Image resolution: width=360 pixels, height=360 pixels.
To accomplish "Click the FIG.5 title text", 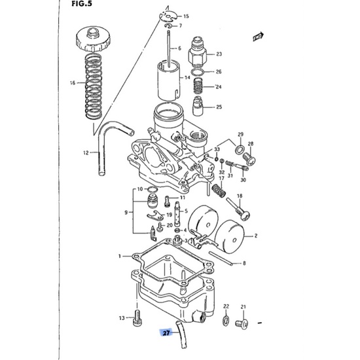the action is point(82,4).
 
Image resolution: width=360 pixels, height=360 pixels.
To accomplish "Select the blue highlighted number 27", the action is point(166,333).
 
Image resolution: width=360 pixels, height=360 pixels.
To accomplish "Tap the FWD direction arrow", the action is point(259,37).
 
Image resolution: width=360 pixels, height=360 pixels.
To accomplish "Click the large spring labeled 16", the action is point(94,86).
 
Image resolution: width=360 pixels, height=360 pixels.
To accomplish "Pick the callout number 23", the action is point(219,54).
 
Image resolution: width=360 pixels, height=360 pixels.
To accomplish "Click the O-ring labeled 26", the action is point(198,72).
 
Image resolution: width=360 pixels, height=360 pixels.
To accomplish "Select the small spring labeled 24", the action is point(199,86).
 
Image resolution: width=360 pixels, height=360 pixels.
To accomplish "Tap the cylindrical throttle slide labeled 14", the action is point(169,81).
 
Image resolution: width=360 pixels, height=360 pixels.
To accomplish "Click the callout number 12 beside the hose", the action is point(86,153).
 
